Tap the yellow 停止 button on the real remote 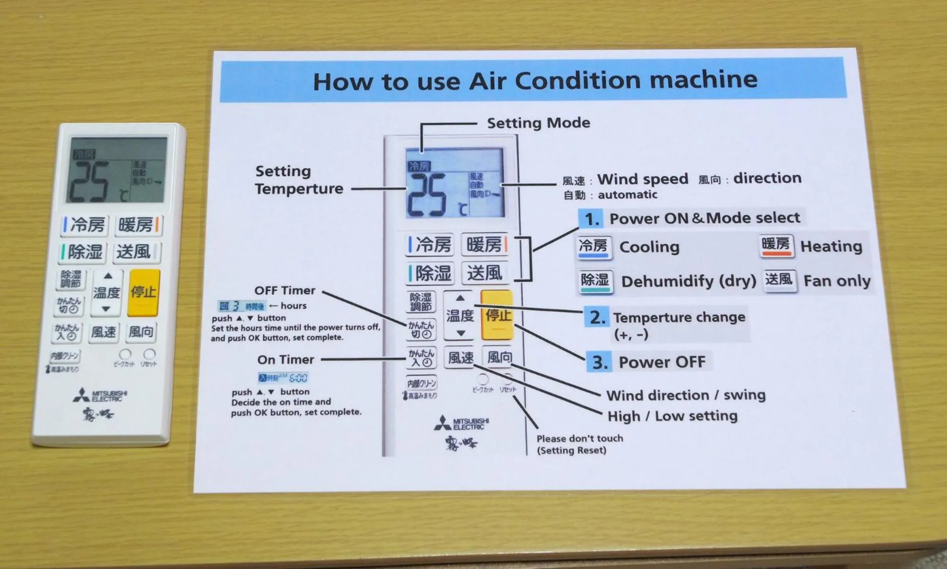(143, 292)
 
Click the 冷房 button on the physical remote (86, 225)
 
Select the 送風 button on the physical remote (135, 252)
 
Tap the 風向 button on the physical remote (141, 332)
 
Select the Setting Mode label (538, 123)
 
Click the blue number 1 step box (590, 219)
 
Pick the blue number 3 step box (599, 362)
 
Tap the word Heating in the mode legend (831, 246)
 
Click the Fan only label (837, 281)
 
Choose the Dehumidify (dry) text (688, 281)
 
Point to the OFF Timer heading (285, 290)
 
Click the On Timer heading (286, 360)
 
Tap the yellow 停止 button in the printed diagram (497, 315)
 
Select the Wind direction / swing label (686, 395)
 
